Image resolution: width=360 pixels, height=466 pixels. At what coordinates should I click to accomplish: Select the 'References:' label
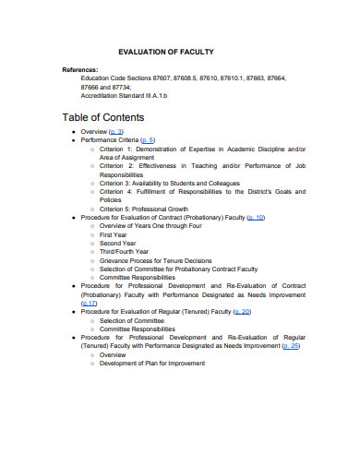(x=80, y=70)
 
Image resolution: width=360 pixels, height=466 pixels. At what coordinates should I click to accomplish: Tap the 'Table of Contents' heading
(x=102, y=117)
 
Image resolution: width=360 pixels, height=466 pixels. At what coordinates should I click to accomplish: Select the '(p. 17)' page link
(x=90, y=303)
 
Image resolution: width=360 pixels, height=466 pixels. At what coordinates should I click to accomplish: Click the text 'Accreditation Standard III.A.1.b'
(x=124, y=96)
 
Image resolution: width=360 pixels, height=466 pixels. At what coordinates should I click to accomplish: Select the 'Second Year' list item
(x=119, y=243)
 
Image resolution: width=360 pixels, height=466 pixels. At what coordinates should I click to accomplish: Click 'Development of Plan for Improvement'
(x=152, y=364)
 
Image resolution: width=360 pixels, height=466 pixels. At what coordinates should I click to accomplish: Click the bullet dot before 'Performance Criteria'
(x=73, y=140)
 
